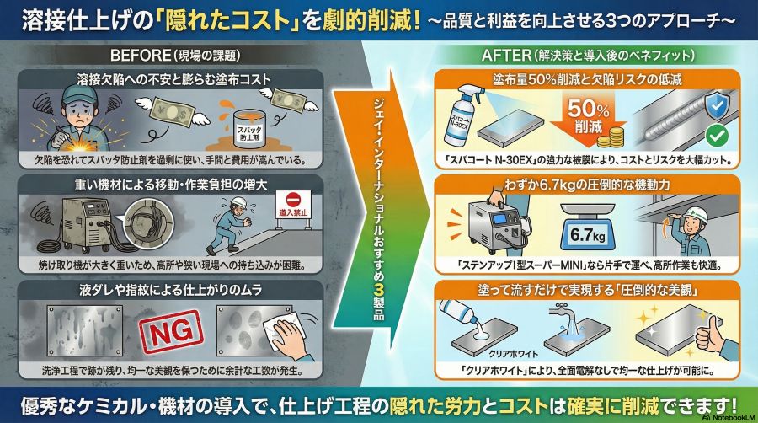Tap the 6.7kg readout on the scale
[587, 235]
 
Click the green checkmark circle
[717, 136]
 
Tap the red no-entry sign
[293, 206]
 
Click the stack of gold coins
[610, 137]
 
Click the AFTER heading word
[506, 55]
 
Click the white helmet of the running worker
[238, 201]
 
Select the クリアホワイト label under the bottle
[514, 354]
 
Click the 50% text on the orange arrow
[588, 109]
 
